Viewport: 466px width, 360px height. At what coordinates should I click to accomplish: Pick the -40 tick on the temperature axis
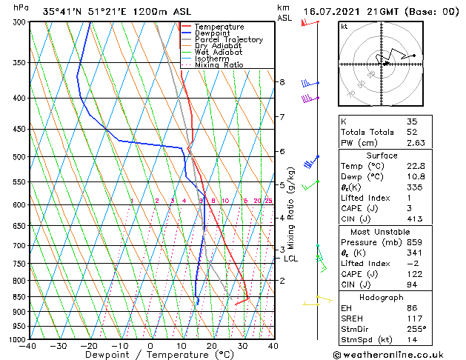click(28, 346)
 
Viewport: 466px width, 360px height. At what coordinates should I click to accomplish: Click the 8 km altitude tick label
click(282, 81)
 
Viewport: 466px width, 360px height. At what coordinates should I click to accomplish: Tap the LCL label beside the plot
click(291, 259)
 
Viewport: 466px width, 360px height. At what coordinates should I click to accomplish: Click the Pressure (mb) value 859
click(414, 241)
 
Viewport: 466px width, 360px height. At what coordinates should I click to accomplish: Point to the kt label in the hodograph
click(344, 27)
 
